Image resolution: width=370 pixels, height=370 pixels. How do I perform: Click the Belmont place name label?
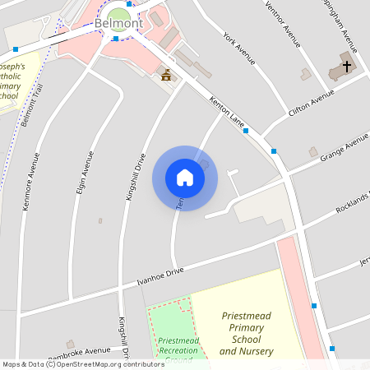pyautogui.click(x=118, y=23)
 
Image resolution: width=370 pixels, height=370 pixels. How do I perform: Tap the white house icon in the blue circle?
pyautogui.click(x=185, y=178)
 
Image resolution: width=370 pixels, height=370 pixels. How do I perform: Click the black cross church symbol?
pyautogui.click(x=346, y=66)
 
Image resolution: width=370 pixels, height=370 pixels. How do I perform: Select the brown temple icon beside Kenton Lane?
pyautogui.click(x=168, y=76)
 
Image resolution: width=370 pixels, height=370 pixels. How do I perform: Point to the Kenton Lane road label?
pyautogui.click(x=228, y=114)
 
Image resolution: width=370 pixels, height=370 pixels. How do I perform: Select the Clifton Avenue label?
pyautogui.click(x=311, y=104)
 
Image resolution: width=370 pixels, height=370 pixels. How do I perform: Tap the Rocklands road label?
pyautogui.click(x=354, y=202)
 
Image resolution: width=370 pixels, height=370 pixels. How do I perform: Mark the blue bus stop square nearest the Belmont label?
pyautogui.click(x=117, y=38)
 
